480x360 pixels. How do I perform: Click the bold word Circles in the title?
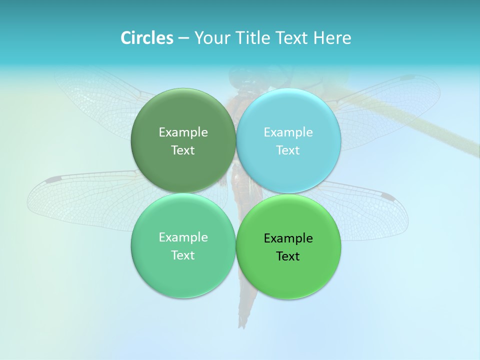[x=147, y=38]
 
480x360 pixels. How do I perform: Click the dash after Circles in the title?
[x=183, y=38]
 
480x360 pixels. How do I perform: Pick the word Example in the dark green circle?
[x=183, y=132]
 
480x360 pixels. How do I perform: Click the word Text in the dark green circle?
[x=183, y=150]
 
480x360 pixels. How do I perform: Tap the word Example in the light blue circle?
[x=288, y=132]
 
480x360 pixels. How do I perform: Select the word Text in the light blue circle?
[x=288, y=150]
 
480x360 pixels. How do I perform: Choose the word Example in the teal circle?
[x=183, y=237]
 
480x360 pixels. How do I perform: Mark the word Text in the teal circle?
[x=183, y=255]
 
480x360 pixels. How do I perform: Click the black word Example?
[x=288, y=238]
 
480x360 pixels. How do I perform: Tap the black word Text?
[x=288, y=256]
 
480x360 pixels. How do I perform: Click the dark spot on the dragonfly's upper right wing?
[x=407, y=78]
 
